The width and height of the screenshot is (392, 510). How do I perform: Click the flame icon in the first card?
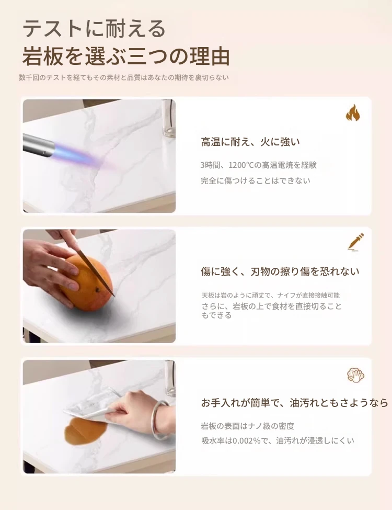click(353, 112)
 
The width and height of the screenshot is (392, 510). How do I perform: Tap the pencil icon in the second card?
click(355, 242)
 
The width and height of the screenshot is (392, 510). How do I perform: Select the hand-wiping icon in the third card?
click(355, 375)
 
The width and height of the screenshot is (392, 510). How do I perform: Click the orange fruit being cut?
click(87, 282)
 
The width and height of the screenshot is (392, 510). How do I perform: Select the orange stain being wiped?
click(85, 432)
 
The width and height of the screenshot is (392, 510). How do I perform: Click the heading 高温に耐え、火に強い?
click(250, 142)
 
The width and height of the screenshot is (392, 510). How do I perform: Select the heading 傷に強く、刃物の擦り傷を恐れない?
click(280, 271)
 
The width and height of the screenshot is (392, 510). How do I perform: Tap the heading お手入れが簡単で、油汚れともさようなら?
click(294, 403)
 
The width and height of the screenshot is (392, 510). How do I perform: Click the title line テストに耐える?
click(94, 29)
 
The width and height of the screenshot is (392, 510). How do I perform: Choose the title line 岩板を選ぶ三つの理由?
click(126, 56)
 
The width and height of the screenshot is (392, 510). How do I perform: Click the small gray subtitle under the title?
click(124, 77)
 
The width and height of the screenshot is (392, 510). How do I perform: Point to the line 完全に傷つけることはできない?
click(256, 180)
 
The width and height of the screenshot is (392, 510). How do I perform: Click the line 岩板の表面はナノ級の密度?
click(247, 426)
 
